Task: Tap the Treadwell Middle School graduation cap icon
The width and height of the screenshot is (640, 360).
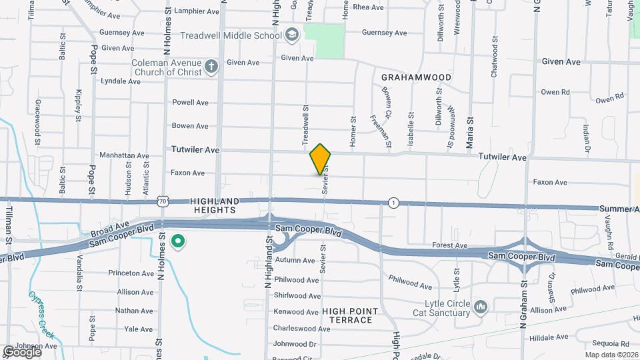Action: (292, 34)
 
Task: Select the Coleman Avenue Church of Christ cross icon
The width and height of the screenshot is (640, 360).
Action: (211, 66)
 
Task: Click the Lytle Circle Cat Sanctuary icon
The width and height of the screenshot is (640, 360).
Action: (481, 307)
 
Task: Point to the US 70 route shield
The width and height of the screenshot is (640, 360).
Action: (163, 201)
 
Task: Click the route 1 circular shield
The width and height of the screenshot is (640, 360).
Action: (395, 203)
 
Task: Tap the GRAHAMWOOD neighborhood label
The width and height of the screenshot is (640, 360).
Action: (416, 77)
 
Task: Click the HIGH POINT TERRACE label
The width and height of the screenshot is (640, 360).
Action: (350, 315)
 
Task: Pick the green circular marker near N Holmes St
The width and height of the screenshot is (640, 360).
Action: (178, 241)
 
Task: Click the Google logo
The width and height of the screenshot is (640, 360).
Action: (22, 351)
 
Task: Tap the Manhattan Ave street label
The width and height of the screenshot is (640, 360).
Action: (124, 155)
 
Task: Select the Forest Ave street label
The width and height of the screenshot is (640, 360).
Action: (449, 245)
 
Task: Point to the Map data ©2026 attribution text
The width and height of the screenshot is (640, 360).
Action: (611, 355)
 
